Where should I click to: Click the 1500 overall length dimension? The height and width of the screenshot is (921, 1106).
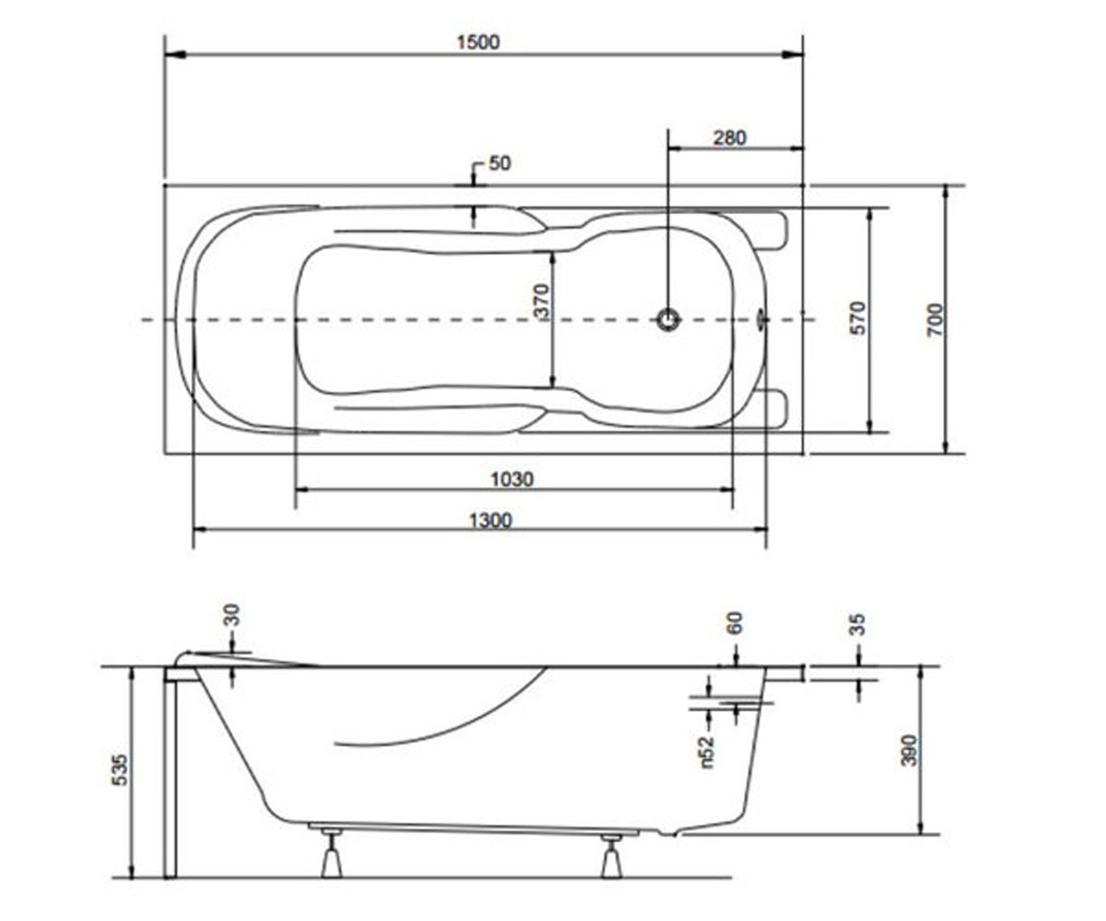[478, 42]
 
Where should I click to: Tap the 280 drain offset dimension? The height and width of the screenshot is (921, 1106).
[729, 138]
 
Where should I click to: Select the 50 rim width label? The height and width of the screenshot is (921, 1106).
[500, 164]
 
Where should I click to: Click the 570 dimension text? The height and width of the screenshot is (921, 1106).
[857, 318]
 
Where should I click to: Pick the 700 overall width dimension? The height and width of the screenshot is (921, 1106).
[935, 320]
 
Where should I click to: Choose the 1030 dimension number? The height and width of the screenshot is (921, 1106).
[512, 480]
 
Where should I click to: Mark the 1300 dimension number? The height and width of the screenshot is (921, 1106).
[490, 521]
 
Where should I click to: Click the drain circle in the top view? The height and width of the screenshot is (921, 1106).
[668, 320]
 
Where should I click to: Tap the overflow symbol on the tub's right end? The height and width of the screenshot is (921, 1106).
[761, 320]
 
